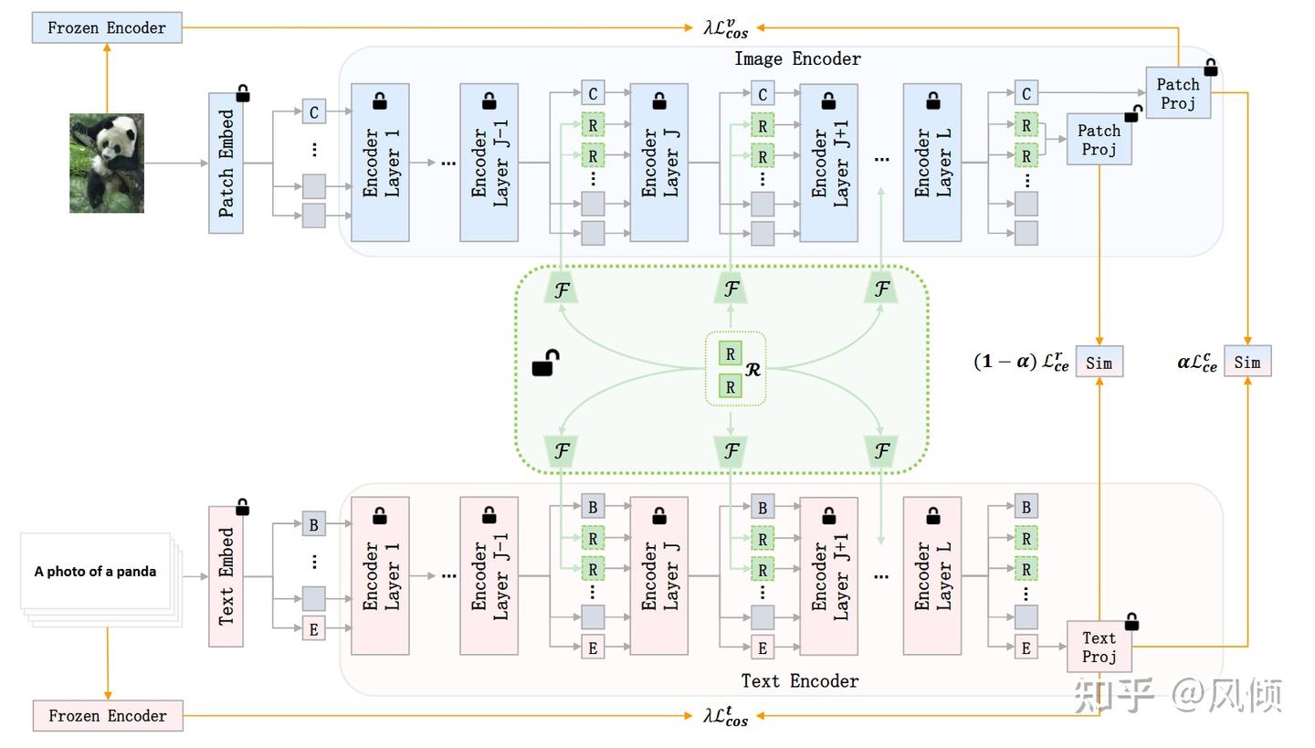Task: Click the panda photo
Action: pos(107,163)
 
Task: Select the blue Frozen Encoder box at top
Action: pos(107,27)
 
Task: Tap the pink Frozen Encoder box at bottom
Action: pos(107,716)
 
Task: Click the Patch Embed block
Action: pos(226,163)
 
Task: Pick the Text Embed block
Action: pos(226,576)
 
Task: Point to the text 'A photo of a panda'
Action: pos(95,572)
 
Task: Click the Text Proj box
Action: pos(1099,647)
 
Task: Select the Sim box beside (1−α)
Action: pos(1099,363)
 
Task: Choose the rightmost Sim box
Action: pos(1247,363)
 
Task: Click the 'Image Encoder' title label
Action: pos(797,59)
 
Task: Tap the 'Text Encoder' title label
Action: pos(799,680)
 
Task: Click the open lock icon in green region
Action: pos(545,363)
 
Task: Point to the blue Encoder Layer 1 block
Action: pos(380,163)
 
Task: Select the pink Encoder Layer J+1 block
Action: pos(828,576)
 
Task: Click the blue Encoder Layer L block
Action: pos(931,163)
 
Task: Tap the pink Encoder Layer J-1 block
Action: pos(489,576)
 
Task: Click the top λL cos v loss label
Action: pos(726,28)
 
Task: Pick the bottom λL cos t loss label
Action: pos(726,716)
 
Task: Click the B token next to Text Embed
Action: pos(314,525)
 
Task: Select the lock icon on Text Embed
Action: pos(243,507)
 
